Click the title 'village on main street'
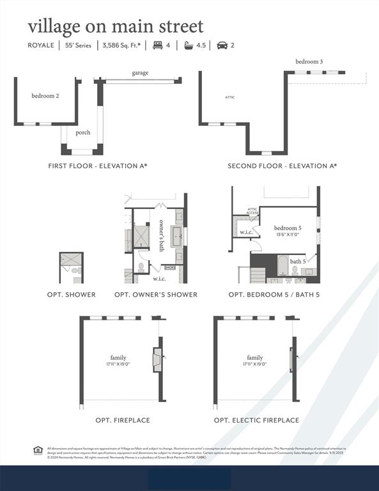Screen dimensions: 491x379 [x=115, y=26]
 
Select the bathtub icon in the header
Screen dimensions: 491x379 [x=189, y=45]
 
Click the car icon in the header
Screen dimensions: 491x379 [x=222, y=45]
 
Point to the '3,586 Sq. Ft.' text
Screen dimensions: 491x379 [x=121, y=45]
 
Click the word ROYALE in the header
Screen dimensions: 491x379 [x=40, y=45]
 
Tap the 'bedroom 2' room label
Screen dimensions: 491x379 [x=45, y=96]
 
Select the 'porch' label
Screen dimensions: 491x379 [x=83, y=133]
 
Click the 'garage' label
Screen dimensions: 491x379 [x=141, y=73]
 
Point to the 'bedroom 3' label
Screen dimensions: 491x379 [x=309, y=61]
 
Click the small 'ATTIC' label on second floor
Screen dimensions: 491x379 [x=230, y=97]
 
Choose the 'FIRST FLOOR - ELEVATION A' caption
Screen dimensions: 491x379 [x=98, y=166]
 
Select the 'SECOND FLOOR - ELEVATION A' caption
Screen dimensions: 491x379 [x=282, y=166]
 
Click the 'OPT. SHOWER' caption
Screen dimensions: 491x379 [x=72, y=295]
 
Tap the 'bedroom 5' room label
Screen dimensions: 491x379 [x=288, y=228]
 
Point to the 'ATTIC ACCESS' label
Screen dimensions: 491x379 [x=253, y=210]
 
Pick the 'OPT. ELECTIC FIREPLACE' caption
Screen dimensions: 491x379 [x=256, y=420]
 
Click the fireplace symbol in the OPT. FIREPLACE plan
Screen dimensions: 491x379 [x=157, y=359]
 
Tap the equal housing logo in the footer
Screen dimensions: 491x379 [x=38, y=450]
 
